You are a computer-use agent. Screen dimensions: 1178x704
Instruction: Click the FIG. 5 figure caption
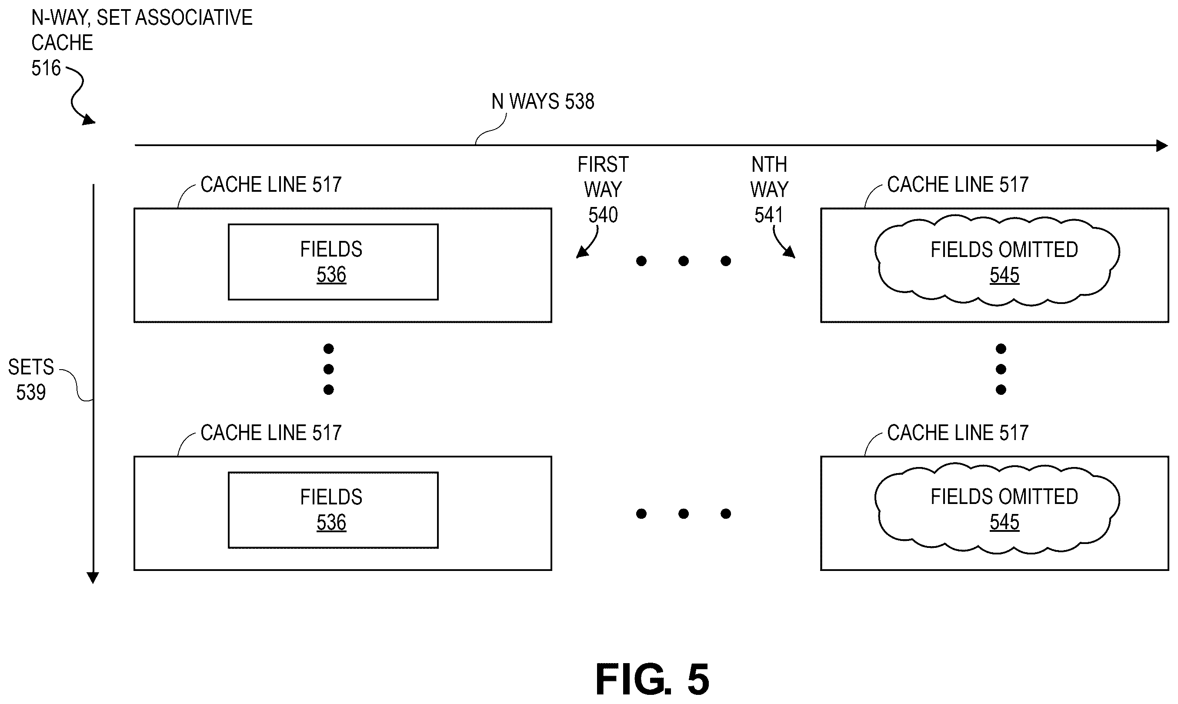652,679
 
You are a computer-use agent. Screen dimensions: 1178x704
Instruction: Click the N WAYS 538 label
543,101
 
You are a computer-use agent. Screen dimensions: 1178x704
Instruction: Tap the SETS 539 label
31,380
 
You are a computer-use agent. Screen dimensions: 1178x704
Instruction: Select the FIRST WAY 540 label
603,190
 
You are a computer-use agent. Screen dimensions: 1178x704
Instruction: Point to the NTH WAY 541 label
769,190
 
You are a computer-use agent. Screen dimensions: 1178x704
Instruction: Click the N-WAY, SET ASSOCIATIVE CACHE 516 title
142,43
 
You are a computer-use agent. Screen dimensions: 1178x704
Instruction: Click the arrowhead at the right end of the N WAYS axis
1162,145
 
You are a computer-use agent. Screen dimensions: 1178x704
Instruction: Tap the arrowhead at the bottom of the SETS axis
93,578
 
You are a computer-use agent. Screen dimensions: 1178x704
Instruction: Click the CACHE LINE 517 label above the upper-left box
271,184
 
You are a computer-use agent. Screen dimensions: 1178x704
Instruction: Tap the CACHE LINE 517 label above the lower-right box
958,433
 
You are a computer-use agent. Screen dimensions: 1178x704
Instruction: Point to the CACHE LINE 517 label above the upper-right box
958,184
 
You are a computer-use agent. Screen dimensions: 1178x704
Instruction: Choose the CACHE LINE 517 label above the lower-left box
271,433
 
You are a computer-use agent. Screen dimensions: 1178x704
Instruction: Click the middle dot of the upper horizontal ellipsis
684,261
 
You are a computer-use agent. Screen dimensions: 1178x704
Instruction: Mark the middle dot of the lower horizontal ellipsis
684,513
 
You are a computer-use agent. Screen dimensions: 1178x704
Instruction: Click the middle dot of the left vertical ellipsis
328,369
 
